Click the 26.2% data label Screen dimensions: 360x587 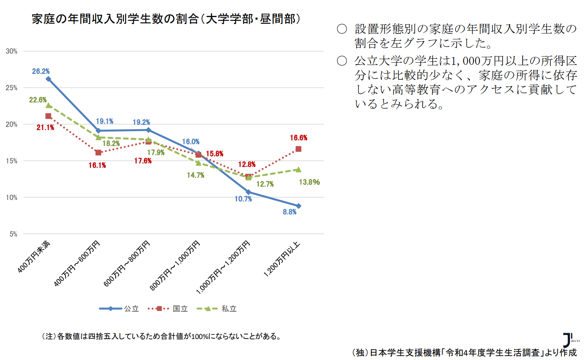pos(41,71)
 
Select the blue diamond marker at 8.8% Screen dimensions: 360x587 pos(299,206)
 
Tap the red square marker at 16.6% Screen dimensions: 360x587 pos(298,149)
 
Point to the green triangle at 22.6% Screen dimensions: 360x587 pos(49,105)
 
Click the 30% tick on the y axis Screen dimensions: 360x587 pos(11,51)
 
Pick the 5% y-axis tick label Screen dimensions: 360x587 pos(13,234)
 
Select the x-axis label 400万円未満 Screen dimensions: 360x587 pos(34,256)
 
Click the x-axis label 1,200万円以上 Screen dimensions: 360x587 pos(282,259)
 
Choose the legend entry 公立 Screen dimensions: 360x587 pos(131,309)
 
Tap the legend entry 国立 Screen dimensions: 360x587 pos(180,309)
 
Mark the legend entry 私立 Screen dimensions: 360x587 pos(229,309)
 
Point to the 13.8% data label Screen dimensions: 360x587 pos(309,182)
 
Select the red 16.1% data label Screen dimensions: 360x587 pos(97,165)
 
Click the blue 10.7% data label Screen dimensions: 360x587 pos(243,199)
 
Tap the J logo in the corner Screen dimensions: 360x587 pos(568,340)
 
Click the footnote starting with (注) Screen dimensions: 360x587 pos(162,336)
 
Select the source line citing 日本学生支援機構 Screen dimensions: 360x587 pos(464,353)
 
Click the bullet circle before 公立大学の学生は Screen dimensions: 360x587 pos(342,61)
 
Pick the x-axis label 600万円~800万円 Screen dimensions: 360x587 pos(127,263)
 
